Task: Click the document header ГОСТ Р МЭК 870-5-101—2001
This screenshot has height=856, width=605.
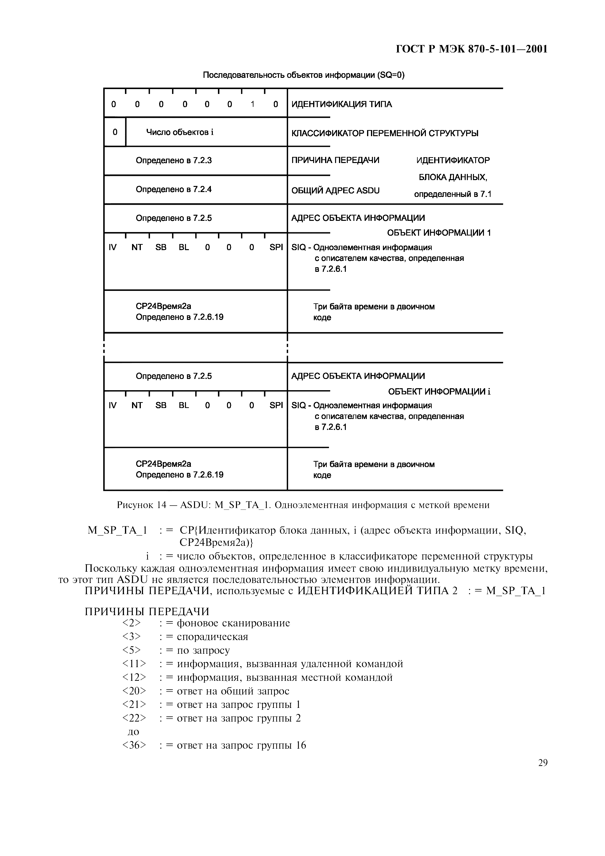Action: click(x=471, y=49)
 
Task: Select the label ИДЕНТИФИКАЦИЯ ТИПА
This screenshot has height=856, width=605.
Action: click(x=341, y=104)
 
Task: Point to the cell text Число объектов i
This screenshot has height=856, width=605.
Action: click(x=180, y=132)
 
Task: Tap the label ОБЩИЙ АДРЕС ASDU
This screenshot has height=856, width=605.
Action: click(x=335, y=191)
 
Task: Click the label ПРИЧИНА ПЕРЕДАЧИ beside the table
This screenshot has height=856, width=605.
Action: click(x=335, y=160)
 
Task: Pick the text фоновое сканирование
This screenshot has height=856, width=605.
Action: click(x=233, y=623)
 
